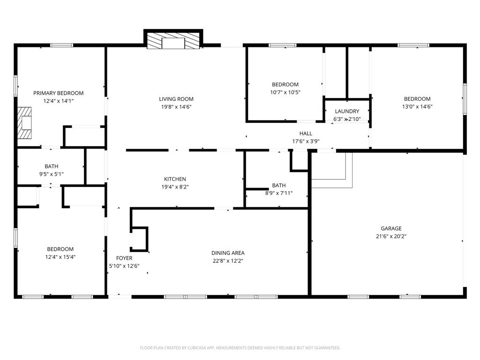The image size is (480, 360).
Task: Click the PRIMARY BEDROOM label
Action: [58, 93]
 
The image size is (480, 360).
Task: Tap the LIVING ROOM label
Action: [176, 99]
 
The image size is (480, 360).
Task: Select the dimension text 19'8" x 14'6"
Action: [176, 107]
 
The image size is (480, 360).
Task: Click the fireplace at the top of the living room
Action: [173, 41]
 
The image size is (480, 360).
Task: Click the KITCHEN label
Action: [175, 179]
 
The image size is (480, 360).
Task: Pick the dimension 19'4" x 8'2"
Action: [175, 187]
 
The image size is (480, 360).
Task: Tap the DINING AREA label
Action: [228, 253]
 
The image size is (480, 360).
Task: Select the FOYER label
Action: [124, 258]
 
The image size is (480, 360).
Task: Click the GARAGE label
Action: [391, 229]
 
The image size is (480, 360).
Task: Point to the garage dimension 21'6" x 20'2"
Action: [391, 237]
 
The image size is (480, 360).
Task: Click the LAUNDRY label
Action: [347, 112]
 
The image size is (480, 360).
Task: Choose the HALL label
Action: [306, 134]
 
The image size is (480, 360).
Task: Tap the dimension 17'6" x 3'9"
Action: [306, 141]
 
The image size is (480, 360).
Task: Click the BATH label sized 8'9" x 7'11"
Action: [278, 185]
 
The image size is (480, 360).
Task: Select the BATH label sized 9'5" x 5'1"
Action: [52, 166]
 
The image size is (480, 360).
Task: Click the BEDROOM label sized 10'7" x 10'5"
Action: [285, 84]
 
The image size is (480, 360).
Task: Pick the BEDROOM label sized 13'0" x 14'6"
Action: [417, 99]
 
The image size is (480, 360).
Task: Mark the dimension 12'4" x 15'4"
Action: [60, 257]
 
